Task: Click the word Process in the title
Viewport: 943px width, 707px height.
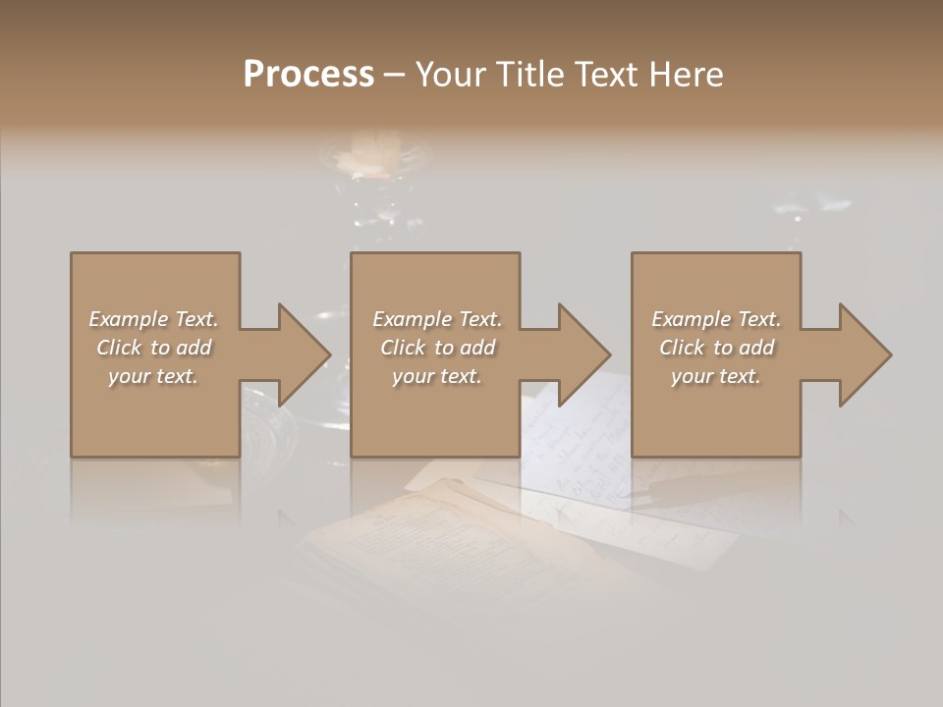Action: click(x=308, y=75)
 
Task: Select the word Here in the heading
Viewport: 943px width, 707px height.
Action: click(x=685, y=75)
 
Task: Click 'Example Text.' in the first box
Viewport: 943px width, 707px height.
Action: click(x=153, y=319)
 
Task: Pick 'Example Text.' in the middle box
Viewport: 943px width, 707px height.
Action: click(x=437, y=319)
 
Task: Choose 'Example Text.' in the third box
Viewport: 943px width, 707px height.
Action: click(x=716, y=319)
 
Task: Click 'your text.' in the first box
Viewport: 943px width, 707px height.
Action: click(x=153, y=376)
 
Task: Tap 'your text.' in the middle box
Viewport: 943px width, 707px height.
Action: click(x=437, y=376)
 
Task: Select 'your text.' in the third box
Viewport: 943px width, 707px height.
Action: click(x=716, y=376)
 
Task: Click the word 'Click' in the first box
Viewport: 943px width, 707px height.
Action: click(x=120, y=348)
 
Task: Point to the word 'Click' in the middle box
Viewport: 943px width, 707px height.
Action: click(x=404, y=348)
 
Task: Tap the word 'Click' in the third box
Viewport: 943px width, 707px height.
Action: click(x=683, y=348)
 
